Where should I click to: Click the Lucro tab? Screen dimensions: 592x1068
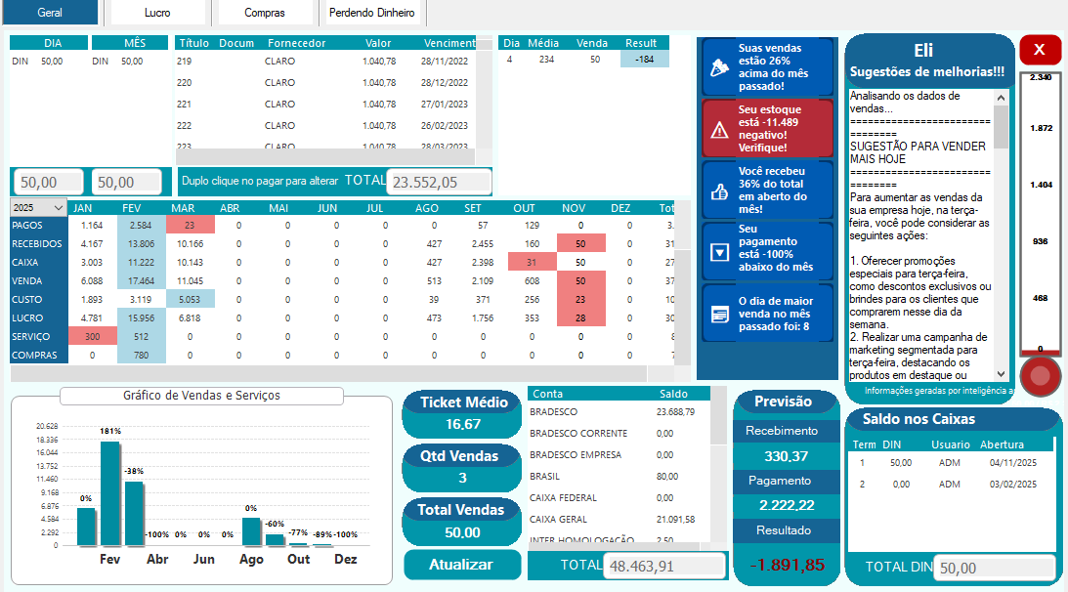pos(156,13)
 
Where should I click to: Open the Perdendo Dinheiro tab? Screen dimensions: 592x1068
pos(371,13)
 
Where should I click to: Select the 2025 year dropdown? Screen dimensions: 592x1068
pos(38,208)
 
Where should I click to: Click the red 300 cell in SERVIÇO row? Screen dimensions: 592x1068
pos(93,336)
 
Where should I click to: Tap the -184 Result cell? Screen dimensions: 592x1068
pos(644,60)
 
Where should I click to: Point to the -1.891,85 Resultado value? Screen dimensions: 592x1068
pos(787,565)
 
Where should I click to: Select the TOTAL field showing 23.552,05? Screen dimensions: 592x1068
pos(438,182)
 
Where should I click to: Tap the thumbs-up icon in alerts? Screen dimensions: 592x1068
pos(720,191)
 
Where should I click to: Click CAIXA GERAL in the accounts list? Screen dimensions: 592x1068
pos(559,519)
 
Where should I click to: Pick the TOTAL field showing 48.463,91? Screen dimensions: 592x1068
pos(663,566)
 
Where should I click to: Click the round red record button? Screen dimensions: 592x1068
pos(1040,375)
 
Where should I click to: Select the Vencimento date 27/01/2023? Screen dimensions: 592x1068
pos(445,104)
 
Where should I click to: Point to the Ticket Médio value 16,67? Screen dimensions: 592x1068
pos(463,424)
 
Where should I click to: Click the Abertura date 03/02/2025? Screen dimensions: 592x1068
pos(1012,484)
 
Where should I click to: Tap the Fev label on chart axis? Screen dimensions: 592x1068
pos(110,560)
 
